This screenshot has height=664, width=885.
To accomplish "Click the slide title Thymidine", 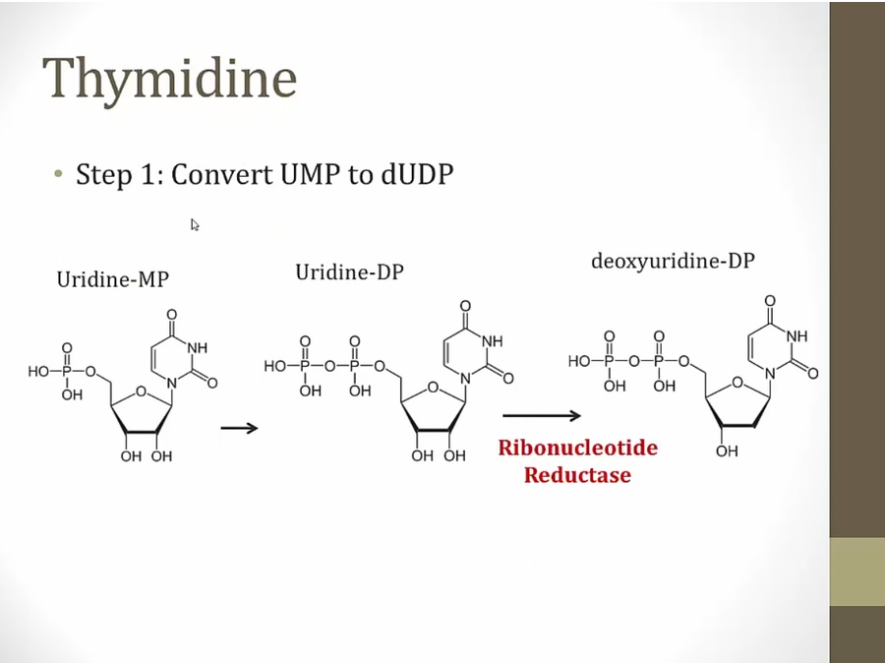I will point(169,79).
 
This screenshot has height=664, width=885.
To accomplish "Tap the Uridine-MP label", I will point(112,279).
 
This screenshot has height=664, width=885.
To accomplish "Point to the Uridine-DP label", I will point(349,272).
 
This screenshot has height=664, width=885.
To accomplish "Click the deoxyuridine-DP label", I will point(673,262).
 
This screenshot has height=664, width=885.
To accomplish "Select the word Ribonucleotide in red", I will point(577,449).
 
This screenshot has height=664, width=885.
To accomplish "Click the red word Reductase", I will point(577,476).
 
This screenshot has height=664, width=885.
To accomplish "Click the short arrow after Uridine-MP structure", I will point(238,428).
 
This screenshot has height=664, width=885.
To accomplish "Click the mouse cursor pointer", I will point(195,224).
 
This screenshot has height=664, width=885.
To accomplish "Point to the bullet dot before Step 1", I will point(59,175).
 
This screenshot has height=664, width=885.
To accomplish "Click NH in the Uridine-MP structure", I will point(197,347).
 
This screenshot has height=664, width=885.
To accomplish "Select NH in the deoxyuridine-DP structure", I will point(796,336).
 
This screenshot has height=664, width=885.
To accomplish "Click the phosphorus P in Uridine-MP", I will point(67,371).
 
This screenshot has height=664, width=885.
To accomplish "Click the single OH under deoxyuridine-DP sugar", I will point(726,451).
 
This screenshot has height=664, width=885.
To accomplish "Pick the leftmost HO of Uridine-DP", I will point(274,366).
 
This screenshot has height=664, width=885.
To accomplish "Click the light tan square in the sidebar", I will point(856,571).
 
